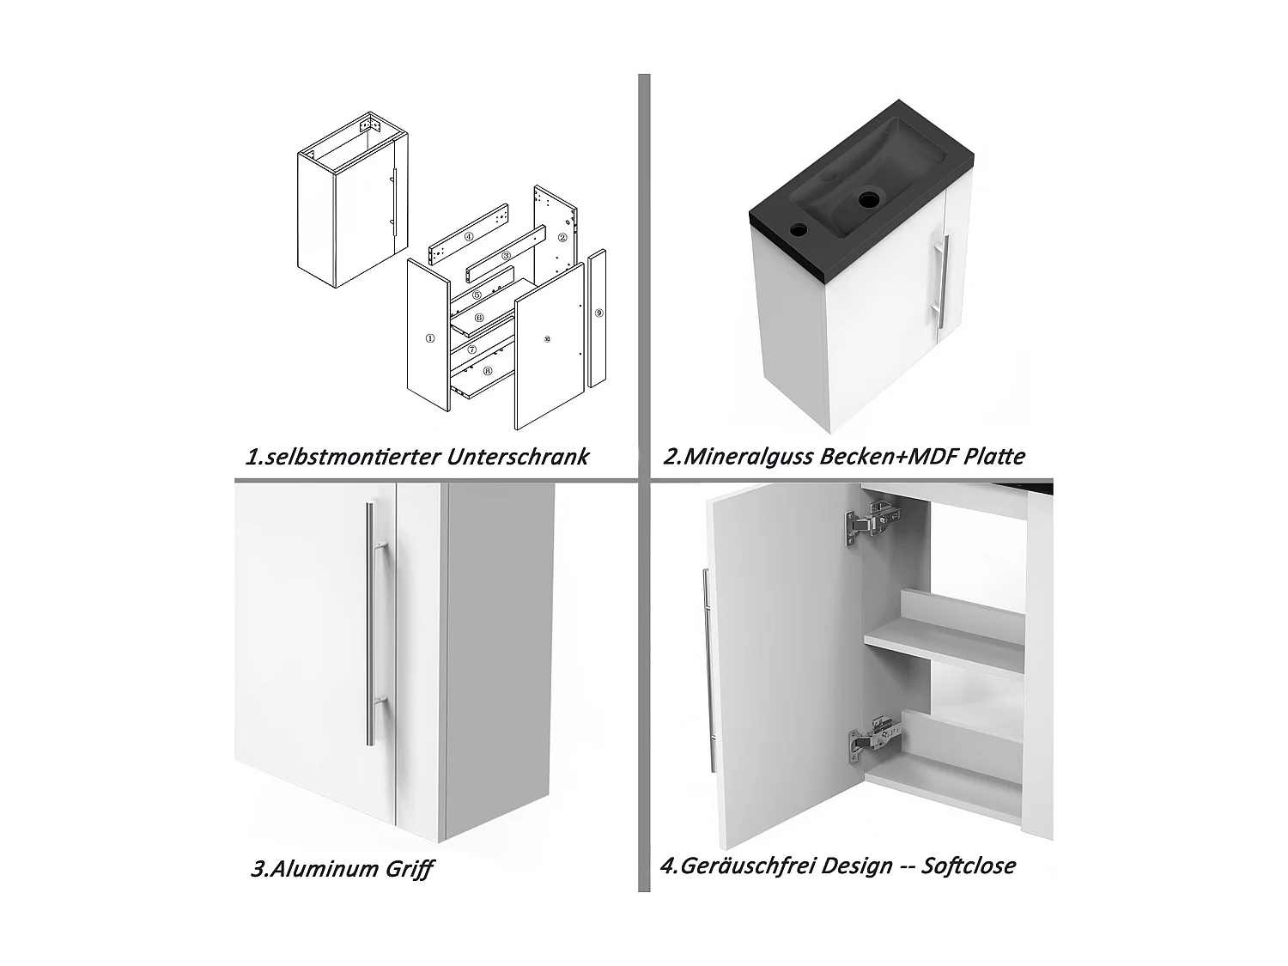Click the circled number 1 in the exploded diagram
(x=430, y=338)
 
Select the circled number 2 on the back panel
(x=562, y=238)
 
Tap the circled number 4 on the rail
(x=469, y=237)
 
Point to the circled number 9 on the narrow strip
(x=598, y=313)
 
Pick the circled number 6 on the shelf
(x=479, y=318)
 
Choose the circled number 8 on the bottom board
(x=488, y=371)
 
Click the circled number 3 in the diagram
(x=507, y=256)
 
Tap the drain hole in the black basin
(x=868, y=200)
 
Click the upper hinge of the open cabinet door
(x=872, y=521)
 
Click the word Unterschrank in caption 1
(x=518, y=456)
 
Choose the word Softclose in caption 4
(x=968, y=866)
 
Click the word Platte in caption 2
(x=994, y=456)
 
